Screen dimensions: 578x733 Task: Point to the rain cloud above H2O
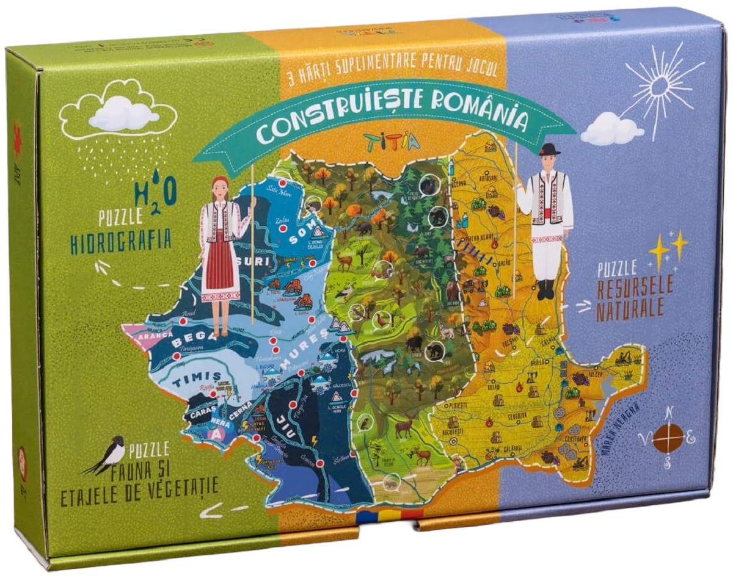click(118, 114)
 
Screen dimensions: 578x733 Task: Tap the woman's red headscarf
click(221, 182)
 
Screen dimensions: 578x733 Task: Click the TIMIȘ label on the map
click(188, 381)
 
